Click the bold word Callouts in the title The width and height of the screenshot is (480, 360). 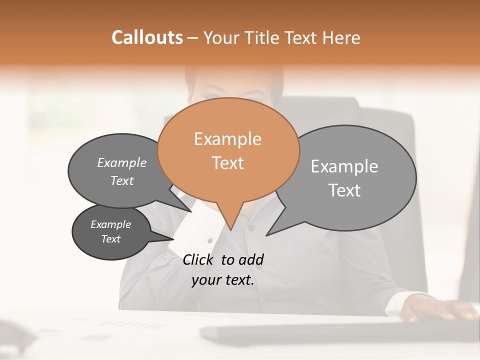tap(147, 37)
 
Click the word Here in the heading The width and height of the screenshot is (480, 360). tap(341, 37)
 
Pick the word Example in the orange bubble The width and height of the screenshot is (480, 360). tap(227, 139)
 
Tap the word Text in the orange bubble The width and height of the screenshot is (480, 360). tap(228, 163)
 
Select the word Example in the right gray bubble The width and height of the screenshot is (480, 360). tap(344, 166)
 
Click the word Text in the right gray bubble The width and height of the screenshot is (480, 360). tap(344, 190)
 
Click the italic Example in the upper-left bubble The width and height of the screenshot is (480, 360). tap(122, 163)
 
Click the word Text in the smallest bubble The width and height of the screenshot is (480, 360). tap(111, 239)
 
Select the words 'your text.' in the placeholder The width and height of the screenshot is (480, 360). tap(223, 280)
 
